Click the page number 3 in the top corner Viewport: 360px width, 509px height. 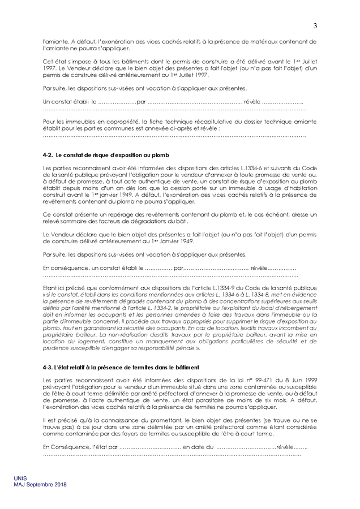315,25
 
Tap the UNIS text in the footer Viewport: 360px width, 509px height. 20,478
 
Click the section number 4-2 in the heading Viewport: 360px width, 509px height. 48,154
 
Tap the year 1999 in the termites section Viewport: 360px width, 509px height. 307,379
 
